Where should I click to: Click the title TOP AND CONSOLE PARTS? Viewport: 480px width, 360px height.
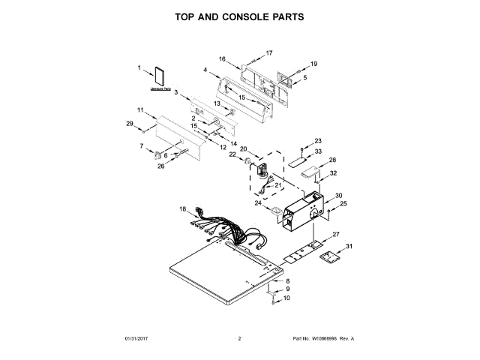pos(239,16)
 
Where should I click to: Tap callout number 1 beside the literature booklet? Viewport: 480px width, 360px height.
pos(139,68)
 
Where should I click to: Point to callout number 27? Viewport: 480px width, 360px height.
pos(336,235)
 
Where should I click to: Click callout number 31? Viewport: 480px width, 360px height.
pos(349,246)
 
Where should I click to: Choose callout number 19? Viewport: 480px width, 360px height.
pos(314,64)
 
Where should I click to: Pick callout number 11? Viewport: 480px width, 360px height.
pos(140,110)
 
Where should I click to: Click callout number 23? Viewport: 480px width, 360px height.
pos(317,141)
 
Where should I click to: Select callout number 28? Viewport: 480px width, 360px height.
pos(332,160)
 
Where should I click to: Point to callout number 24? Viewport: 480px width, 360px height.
pos(258,202)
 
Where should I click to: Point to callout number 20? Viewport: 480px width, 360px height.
pos(243,148)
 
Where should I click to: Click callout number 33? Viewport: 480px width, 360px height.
pos(318,151)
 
